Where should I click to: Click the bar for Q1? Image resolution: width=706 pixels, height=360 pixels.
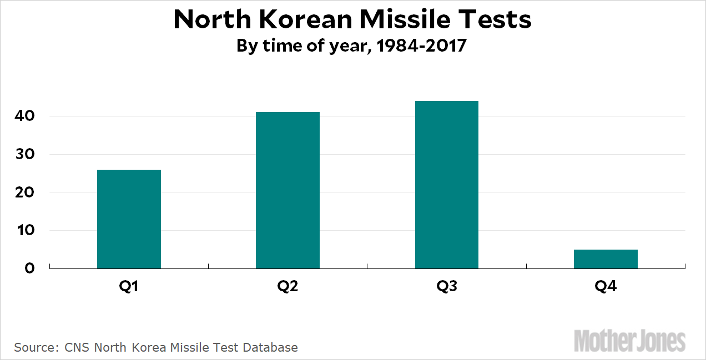coord(129,219)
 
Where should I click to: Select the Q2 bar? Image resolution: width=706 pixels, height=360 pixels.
coord(288,190)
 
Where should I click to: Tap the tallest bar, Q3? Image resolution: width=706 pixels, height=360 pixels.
coord(446,185)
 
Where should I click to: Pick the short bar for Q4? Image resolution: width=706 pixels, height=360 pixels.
coord(606,259)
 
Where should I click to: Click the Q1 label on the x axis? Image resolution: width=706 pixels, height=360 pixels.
coord(129,287)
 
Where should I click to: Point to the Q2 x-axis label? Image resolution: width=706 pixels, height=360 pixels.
coord(288,287)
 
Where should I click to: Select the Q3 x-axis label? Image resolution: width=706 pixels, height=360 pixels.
coord(446,287)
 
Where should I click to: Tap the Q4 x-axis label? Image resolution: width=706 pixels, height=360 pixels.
coord(606,287)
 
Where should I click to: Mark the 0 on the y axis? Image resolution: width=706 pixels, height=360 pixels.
coord(31,268)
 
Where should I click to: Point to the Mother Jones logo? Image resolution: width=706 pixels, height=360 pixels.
coord(630,340)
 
